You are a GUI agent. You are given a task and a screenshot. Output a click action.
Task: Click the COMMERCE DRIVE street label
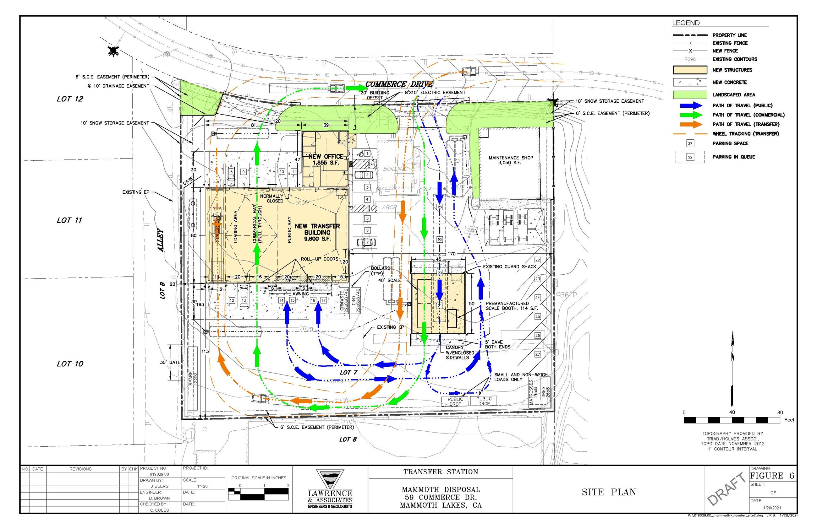pos(399,84)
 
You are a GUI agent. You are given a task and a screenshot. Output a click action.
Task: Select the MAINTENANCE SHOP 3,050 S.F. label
pos(511,160)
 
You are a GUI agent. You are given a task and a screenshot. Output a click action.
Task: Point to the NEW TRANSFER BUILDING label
pos(317,232)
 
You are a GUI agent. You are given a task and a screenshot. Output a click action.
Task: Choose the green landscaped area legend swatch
pos(690,94)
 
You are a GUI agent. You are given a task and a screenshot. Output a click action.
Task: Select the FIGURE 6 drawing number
pos(772,476)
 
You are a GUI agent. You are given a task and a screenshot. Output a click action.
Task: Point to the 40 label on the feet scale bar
pos(732,412)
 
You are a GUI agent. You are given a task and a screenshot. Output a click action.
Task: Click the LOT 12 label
pos(70,99)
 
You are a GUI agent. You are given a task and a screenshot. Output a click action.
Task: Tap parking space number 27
pos(537,354)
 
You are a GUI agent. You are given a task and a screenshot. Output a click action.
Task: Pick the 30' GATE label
pos(170,362)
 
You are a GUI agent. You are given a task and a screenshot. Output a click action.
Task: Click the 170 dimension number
pos(451,254)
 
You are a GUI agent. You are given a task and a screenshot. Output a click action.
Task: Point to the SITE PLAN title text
pos(608,492)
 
